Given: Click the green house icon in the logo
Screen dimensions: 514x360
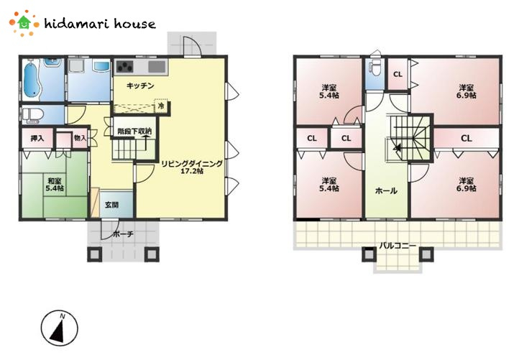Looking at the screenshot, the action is (24, 22).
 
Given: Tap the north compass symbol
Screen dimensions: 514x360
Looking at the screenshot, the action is (60, 328).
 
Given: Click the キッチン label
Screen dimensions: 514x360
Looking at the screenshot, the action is (140, 86).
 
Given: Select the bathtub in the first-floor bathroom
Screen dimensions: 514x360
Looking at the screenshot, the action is (32, 79).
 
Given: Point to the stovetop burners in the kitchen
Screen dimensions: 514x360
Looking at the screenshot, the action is (125, 67).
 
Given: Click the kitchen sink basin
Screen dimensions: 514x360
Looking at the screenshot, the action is (157, 67).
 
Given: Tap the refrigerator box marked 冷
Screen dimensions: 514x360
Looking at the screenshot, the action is (161, 106).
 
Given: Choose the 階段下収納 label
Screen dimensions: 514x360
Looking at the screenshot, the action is (134, 131).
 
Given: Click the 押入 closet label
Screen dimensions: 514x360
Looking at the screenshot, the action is (37, 138).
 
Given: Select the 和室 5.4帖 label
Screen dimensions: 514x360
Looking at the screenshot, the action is (55, 185).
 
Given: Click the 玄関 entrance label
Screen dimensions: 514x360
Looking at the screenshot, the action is (111, 205).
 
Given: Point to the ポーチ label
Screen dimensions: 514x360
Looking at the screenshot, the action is (123, 234).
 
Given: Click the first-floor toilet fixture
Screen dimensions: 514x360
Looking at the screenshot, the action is (33, 115).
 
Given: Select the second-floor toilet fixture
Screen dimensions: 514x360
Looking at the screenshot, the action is (375, 69).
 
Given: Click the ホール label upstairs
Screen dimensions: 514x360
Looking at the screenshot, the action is (386, 190).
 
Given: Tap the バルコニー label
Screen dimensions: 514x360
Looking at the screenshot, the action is (398, 245).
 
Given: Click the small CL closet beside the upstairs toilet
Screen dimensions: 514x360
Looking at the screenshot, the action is (398, 74).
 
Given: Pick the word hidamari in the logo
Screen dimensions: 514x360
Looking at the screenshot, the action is (77, 23).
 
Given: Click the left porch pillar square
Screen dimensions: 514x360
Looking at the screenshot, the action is (94, 254).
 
